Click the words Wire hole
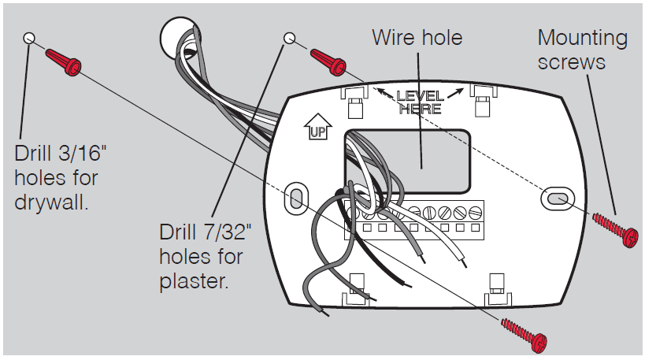(417, 38)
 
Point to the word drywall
(51, 202)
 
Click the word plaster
(195, 281)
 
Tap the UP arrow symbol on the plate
(315, 128)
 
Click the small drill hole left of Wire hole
(290, 37)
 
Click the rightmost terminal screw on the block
(474, 213)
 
